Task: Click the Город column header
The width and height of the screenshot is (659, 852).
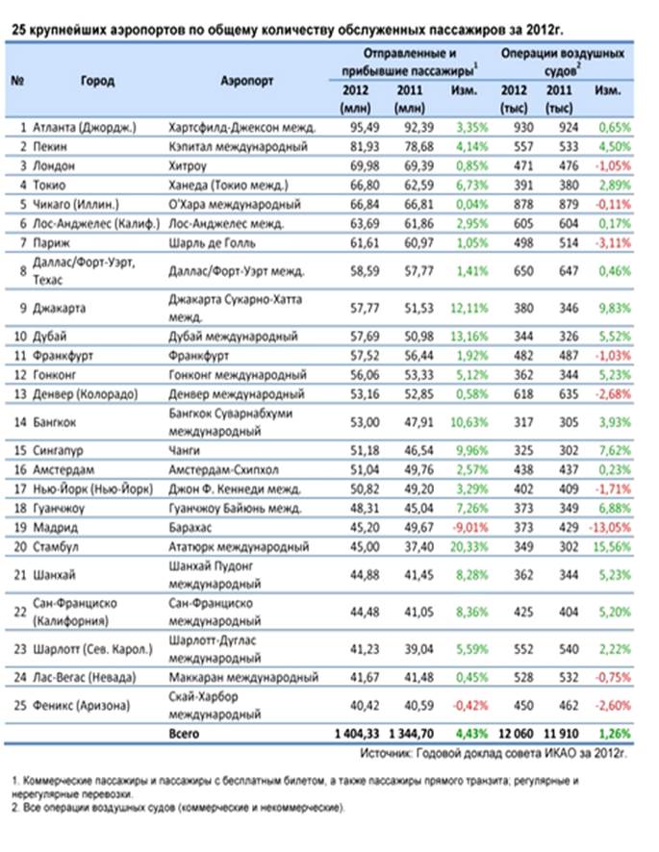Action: [97, 81]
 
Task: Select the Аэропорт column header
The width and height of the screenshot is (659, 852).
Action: [247, 81]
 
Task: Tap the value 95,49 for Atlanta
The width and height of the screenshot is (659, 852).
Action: [365, 128]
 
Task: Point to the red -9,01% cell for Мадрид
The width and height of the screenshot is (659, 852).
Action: [470, 528]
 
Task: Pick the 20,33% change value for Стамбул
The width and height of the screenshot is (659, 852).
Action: [469, 546]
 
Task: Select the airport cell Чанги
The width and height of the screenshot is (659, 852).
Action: [185, 450]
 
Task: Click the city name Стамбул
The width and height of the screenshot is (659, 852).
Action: [56, 546]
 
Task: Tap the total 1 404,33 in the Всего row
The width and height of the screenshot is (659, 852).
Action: [357, 734]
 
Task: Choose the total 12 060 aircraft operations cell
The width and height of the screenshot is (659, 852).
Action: [516, 734]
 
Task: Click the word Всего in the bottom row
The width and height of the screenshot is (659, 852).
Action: [184, 734]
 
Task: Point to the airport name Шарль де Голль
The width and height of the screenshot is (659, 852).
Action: [212, 243]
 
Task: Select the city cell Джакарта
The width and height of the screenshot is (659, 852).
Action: [60, 308]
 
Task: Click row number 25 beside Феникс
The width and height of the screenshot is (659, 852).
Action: [20, 706]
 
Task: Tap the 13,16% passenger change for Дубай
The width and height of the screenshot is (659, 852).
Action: [469, 337]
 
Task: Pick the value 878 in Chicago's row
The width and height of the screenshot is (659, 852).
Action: [523, 204]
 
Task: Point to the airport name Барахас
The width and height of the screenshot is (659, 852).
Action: [190, 528]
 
